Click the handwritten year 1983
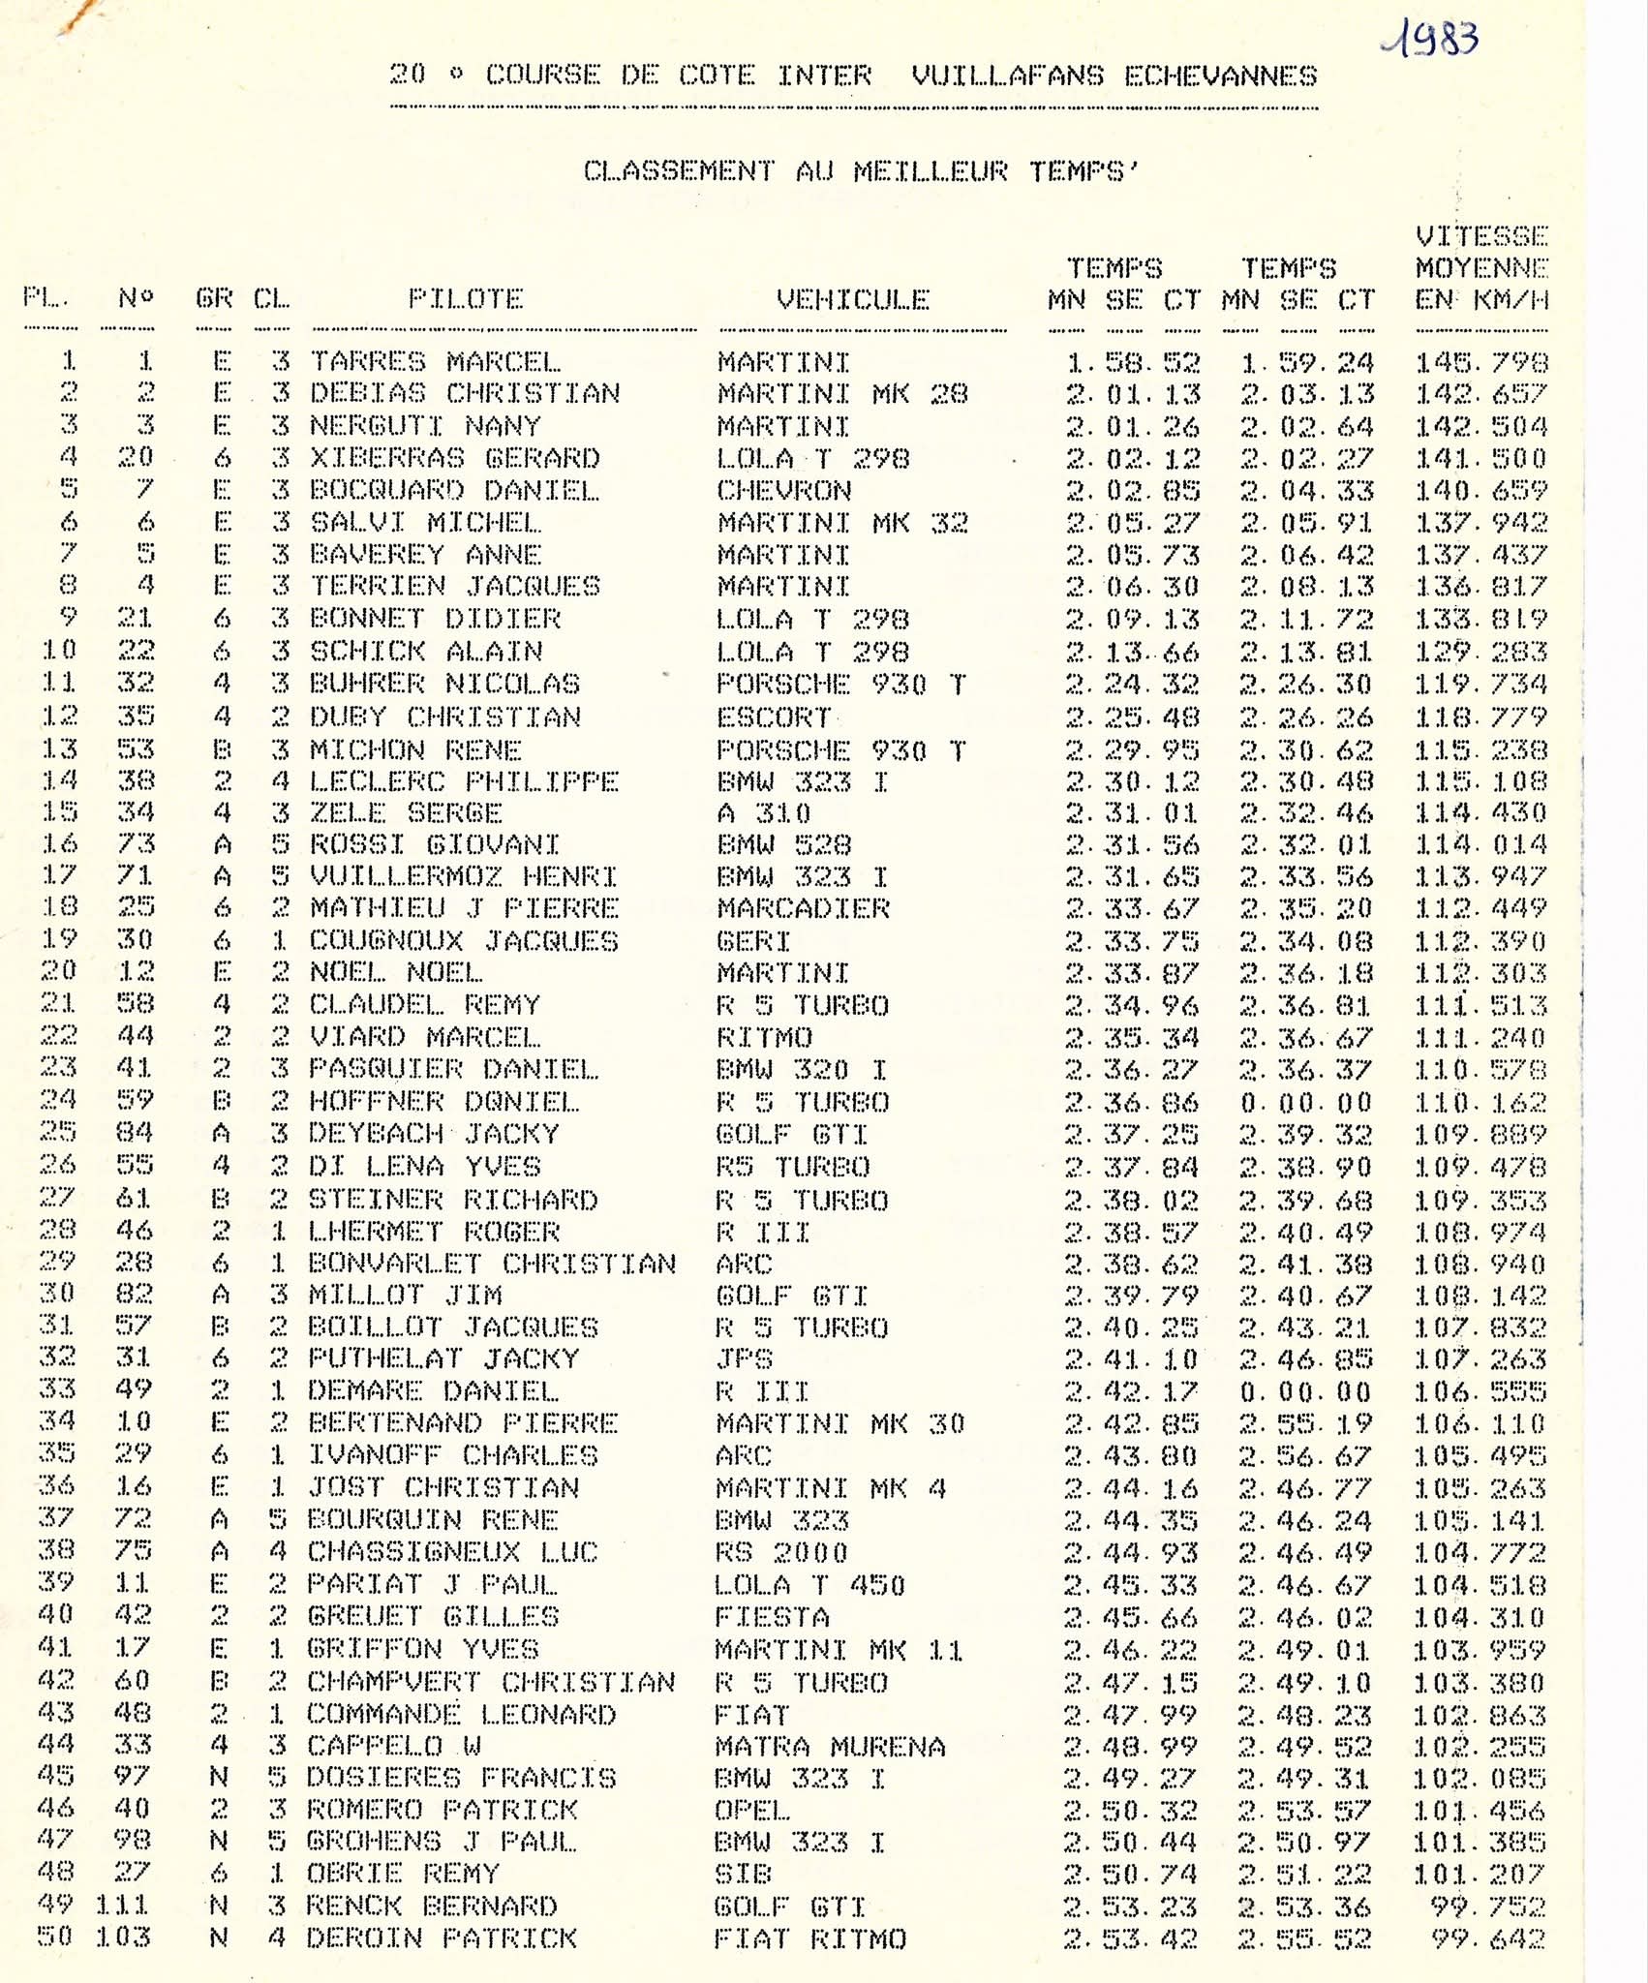coord(1430,42)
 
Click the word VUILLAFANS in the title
coord(1007,76)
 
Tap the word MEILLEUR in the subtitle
coord(930,171)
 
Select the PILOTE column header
coord(465,299)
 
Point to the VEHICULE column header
coord(852,300)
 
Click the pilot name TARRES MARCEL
coord(435,362)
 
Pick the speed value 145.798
coord(1480,363)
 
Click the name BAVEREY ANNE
coord(425,555)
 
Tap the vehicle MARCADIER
coord(803,908)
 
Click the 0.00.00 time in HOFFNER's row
coord(1305,1102)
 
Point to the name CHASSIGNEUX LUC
coord(452,1551)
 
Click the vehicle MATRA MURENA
coord(829,1746)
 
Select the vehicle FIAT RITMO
coord(809,1938)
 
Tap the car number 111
coord(122,1906)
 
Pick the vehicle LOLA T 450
coord(809,1584)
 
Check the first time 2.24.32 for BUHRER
coord(1132,685)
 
